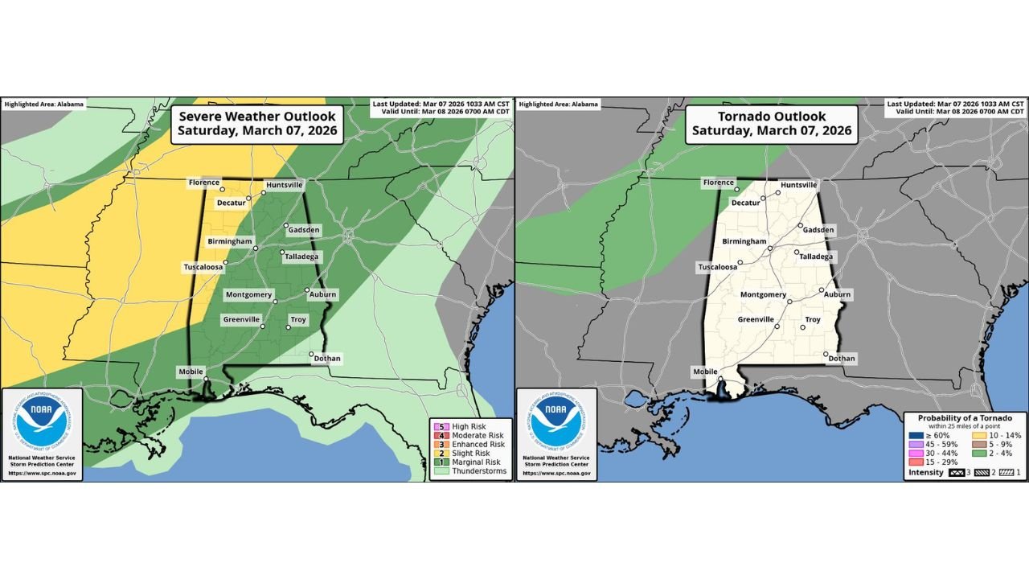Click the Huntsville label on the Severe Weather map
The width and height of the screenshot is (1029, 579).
pos(285,185)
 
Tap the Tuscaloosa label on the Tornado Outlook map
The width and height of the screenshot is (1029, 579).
pos(717,267)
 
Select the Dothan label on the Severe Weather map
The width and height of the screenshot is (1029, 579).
pos(326,359)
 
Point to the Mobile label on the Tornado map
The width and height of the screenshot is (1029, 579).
pos(704,372)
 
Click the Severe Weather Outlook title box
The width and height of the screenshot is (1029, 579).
pos(257,123)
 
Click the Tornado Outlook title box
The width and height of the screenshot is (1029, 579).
pos(771,123)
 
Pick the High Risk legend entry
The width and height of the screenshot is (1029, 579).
pos(470,425)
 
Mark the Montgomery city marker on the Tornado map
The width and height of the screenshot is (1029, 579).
pos(789,302)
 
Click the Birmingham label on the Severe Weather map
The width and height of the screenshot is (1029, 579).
pos(230,241)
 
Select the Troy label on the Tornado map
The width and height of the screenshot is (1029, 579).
pos(813,320)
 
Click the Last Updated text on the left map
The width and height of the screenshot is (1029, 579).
pos(442,104)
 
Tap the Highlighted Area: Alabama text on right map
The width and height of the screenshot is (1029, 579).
pos(559,105)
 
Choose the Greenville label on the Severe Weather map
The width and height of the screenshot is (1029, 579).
pos(242,319)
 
